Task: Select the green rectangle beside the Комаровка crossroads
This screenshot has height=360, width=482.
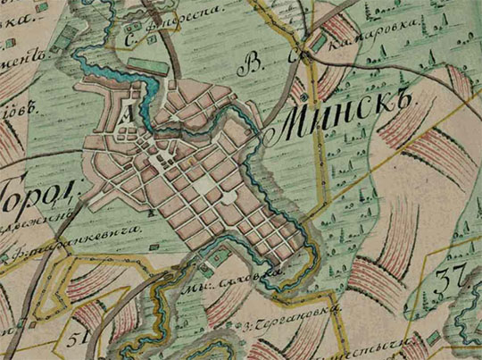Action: pos(319,42)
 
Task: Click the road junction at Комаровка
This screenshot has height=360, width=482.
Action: pos(304,55)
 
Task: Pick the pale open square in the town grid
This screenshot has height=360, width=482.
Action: pos(206,184)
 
